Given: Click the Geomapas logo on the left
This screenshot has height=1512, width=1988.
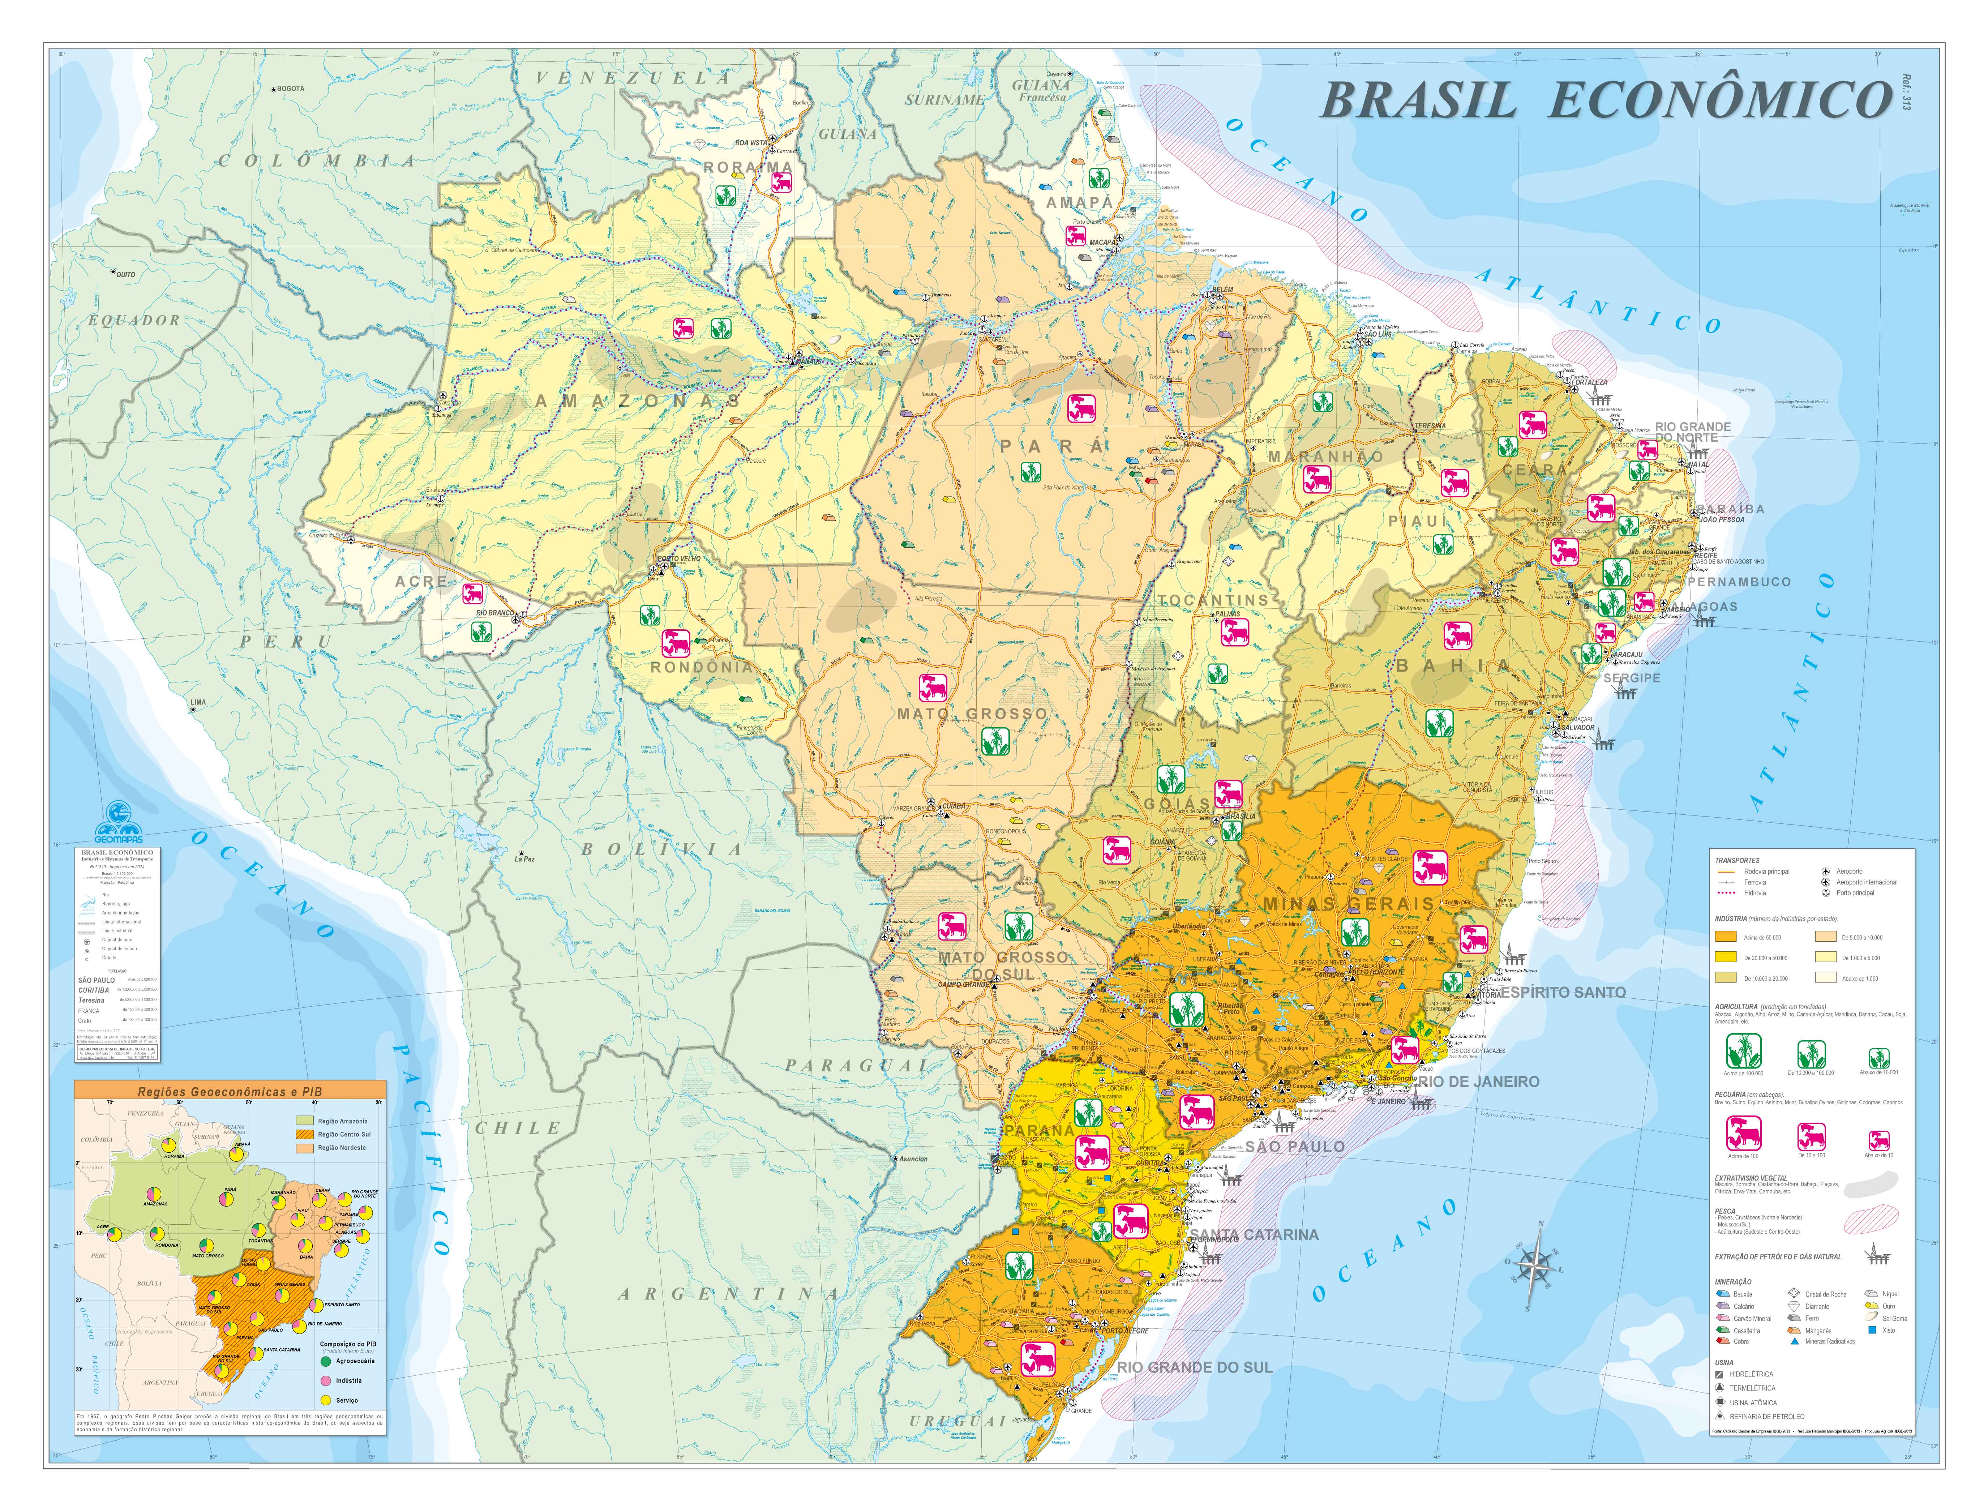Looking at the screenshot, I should click(x=117, y=819).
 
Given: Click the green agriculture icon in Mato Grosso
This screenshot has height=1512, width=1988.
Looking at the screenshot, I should click(x=994, y=742).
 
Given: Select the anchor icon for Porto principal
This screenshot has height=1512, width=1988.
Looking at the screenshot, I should click(x=1826, y=893).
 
